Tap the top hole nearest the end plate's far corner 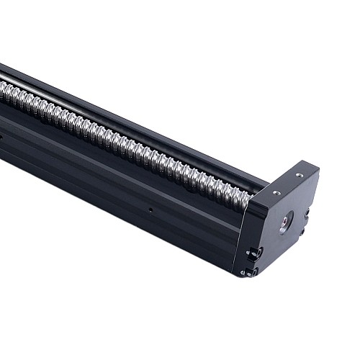tap(299, 175)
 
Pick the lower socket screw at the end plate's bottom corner tap(249, 272)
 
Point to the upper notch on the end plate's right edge tap(307, 213)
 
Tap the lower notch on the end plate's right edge tap(302, 231)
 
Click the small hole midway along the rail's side tap(150, 210)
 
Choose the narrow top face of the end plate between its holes tap(287, 183)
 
